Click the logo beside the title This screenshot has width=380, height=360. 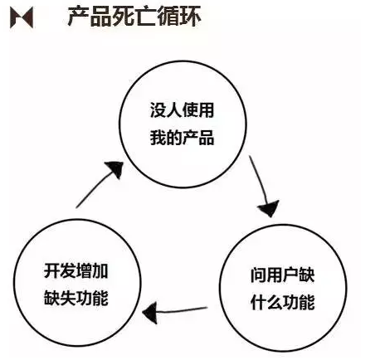pyautogui.click(x=22, y=17)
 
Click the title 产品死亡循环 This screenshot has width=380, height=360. pyautogui.click(x=134, y=17)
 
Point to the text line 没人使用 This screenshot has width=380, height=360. pyautogui.click(x=183, y=110)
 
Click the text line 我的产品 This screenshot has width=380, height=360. pyautogui.click(x=183, y=138)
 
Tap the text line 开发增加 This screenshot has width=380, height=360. pyautogui.click(x=76, y=270)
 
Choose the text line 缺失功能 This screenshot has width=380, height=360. pyautogui.click(x=76, y=298)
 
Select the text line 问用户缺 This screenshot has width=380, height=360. pyautogui.click(x=283, y=275)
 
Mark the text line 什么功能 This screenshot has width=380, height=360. pyautogui.click(x=283, y=302)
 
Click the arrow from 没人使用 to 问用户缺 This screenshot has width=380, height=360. pyautogui.click(x=263, y=186)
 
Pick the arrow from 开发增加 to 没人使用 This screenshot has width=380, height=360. pyautogui.click(x=97, y=185)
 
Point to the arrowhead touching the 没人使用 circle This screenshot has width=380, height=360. pyautogui.click(x=115, y=169)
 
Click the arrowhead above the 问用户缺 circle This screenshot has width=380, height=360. pyautogui.click(x=269, y=209)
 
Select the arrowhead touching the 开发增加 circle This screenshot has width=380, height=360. pyautogui.click(x=150, y=313)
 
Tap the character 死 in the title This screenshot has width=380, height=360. pyautogui.click(x=124, y=17)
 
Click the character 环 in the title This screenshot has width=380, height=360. pyautogui.click(x=190, y=17)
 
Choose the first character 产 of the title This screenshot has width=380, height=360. pyautogui.click(x=79, y=17)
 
